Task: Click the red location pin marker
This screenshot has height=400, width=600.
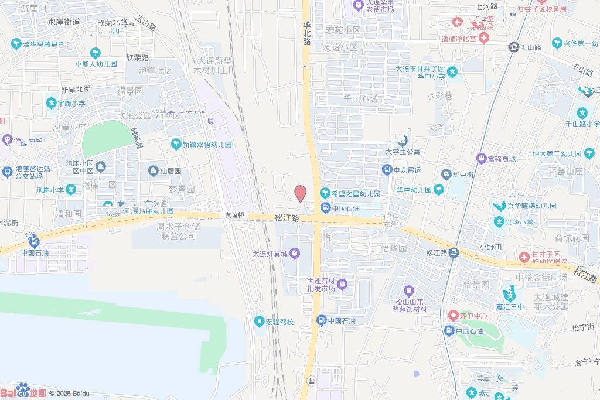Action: (300, 193)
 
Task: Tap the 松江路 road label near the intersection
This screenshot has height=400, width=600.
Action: (287, 218)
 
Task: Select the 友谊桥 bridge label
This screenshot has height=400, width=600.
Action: (234, 216)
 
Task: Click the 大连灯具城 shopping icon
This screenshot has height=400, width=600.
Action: (295, 254)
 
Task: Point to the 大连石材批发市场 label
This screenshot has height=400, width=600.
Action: (321, 285)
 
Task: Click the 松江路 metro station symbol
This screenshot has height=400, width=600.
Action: (454, 253)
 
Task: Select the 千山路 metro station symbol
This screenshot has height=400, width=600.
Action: (514, 46)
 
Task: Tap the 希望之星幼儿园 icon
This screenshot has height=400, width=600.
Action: (324, 193)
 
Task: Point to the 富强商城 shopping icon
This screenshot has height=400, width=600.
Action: (482, 159)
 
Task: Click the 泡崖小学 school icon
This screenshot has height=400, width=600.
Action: (71, 190)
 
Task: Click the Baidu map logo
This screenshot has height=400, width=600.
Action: (23, 391)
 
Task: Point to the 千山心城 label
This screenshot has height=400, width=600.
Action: (361, 99)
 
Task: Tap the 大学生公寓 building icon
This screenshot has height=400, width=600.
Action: (402, 141)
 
